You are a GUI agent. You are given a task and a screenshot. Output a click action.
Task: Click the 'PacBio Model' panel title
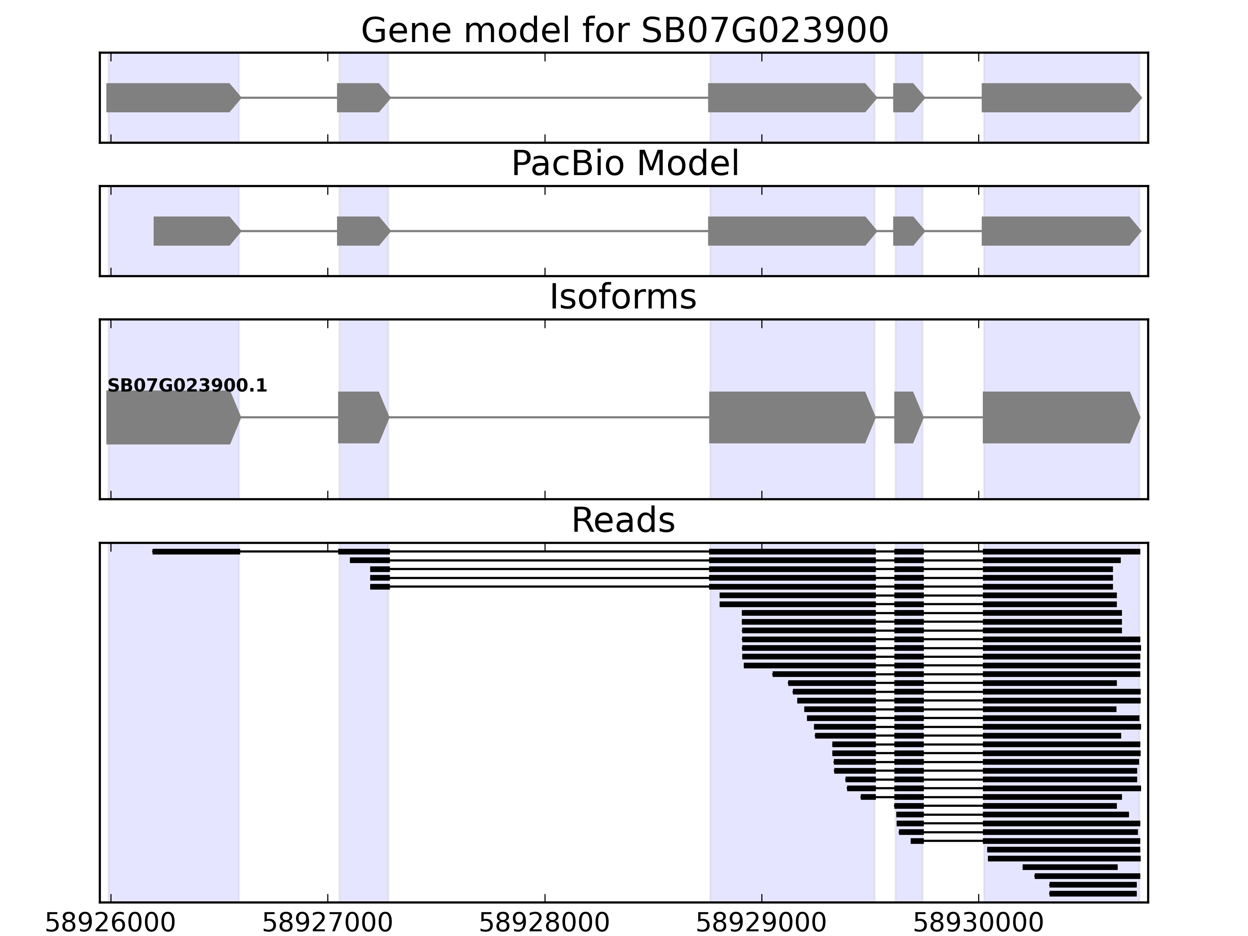click(624, 164)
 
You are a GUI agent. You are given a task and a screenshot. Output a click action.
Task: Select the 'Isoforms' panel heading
click(623, 297)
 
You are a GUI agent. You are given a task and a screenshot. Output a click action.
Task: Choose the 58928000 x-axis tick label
click(544, 923)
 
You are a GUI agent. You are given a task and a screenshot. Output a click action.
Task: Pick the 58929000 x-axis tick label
click(761, 923)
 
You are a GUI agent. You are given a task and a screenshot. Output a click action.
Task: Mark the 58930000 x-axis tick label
click(978, 923)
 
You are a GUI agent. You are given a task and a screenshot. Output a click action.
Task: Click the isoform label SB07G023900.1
click(187, 386)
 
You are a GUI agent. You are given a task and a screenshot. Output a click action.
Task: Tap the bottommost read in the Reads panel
click(1093, 894)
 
